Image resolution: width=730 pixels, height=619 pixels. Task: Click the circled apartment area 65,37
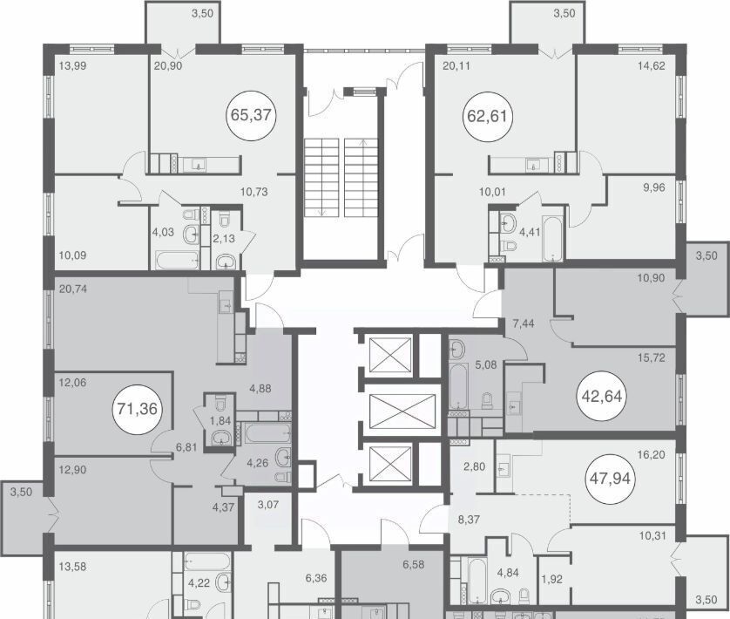pyautogui.click(x=251, y=115)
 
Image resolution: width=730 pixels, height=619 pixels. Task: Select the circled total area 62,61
pyautogui.click(x=487, y=116)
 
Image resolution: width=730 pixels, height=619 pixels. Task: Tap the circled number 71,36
pyautogui.click(x=138, y=409)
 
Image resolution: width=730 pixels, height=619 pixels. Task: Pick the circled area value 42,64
pyautogui.click(x=602, y=396)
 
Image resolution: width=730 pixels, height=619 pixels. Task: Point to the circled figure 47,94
pyautogui.click(x=610, y=479)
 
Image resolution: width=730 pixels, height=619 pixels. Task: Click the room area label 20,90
pyautogui.click(x=167, y=66)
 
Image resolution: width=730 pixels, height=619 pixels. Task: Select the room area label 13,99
pyautogui.click(x=72, y=66)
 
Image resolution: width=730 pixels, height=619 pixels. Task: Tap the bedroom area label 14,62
pyautogui.click(x=651, y=66)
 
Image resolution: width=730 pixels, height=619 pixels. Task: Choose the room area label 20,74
pyautogui.click(x=73, y=289)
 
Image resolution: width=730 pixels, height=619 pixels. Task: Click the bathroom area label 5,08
pyautogui.click(x=485, y=365)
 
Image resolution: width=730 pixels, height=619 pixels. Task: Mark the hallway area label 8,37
pyautogui.click(x=469, y=520)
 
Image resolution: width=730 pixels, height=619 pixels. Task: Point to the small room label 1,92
pyautogui.click(x=552, y=580)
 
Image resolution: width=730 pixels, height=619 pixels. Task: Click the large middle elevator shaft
pyautogui.click(x=402, y=412)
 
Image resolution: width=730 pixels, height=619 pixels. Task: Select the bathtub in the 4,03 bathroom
pyautogui.click(x=178, y=260)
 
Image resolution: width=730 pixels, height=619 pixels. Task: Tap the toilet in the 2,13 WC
pyautogui.click(x=225, y=220)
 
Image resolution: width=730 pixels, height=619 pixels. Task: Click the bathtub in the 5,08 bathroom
pyautogui.click(x=458, y=386)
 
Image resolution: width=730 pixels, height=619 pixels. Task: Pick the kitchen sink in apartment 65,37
pyautogui.click(x=199, y=165)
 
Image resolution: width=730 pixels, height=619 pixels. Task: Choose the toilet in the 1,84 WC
pyautogui.click(x=220, y=402)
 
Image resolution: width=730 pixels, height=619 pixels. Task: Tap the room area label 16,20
pyautogui.click(x=651, y=455)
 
